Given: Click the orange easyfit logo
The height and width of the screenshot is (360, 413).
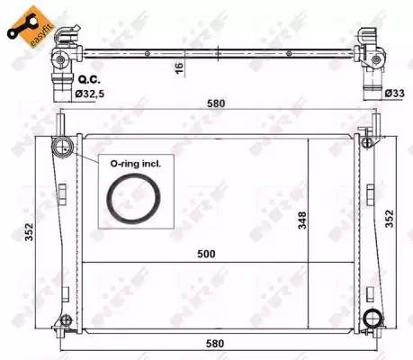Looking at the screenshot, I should pos(26,22).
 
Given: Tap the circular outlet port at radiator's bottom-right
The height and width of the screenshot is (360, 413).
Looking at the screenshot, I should pos(372,319).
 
